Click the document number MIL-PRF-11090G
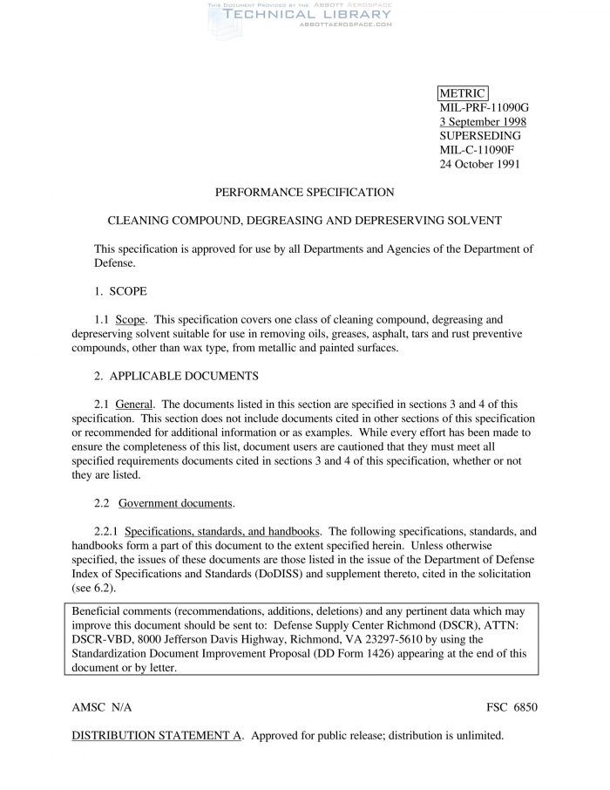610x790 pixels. [484, 108]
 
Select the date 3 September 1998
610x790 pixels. [482, 122]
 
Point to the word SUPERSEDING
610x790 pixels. [480, 136]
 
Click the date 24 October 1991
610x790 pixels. [480, 164]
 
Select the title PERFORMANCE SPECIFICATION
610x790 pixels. [304, 193]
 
